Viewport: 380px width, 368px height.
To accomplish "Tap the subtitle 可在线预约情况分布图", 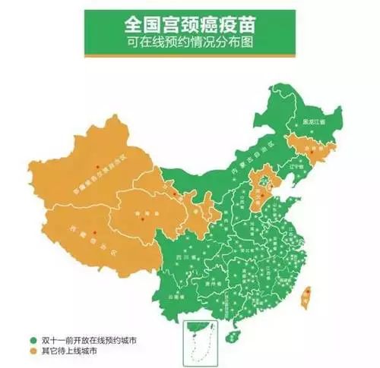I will click(189, 43).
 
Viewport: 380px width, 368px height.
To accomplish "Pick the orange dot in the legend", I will click(33, 352).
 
